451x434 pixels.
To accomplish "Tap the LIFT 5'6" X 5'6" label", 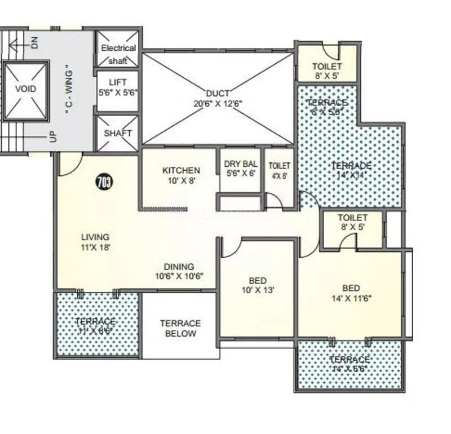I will pyautogui.click(x=117, y=87).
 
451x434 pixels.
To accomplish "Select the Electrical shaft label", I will pyautogui.click(x=118, y=54).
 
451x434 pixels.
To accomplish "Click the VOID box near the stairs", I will pyautogui.click(x=25, y=89).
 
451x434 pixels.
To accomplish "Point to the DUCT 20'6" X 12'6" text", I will pyautogui.click(x=217, y=98).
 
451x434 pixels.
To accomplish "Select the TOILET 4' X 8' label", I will pyautogui.click(x=279, y=170).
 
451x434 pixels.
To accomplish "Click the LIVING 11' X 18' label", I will pyautogui.click(x=95, y=242).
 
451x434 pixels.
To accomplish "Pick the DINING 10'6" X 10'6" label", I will pyautogui.click(x=179, y=271).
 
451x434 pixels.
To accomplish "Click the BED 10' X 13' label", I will pyautogui.click(x=257, y=285).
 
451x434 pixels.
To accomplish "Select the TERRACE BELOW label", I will pyautogui.click(x=180, y=328).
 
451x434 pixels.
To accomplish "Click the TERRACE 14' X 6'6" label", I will pyautogui.click(x=350, y=364).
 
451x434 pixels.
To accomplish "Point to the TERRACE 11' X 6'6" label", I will pyautogui.click(x=95, y=326).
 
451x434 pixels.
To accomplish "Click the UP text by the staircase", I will pyautogui.click(x=52, y=136).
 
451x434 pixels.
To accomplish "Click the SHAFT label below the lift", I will pyautogui.click(x=118, y=134).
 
